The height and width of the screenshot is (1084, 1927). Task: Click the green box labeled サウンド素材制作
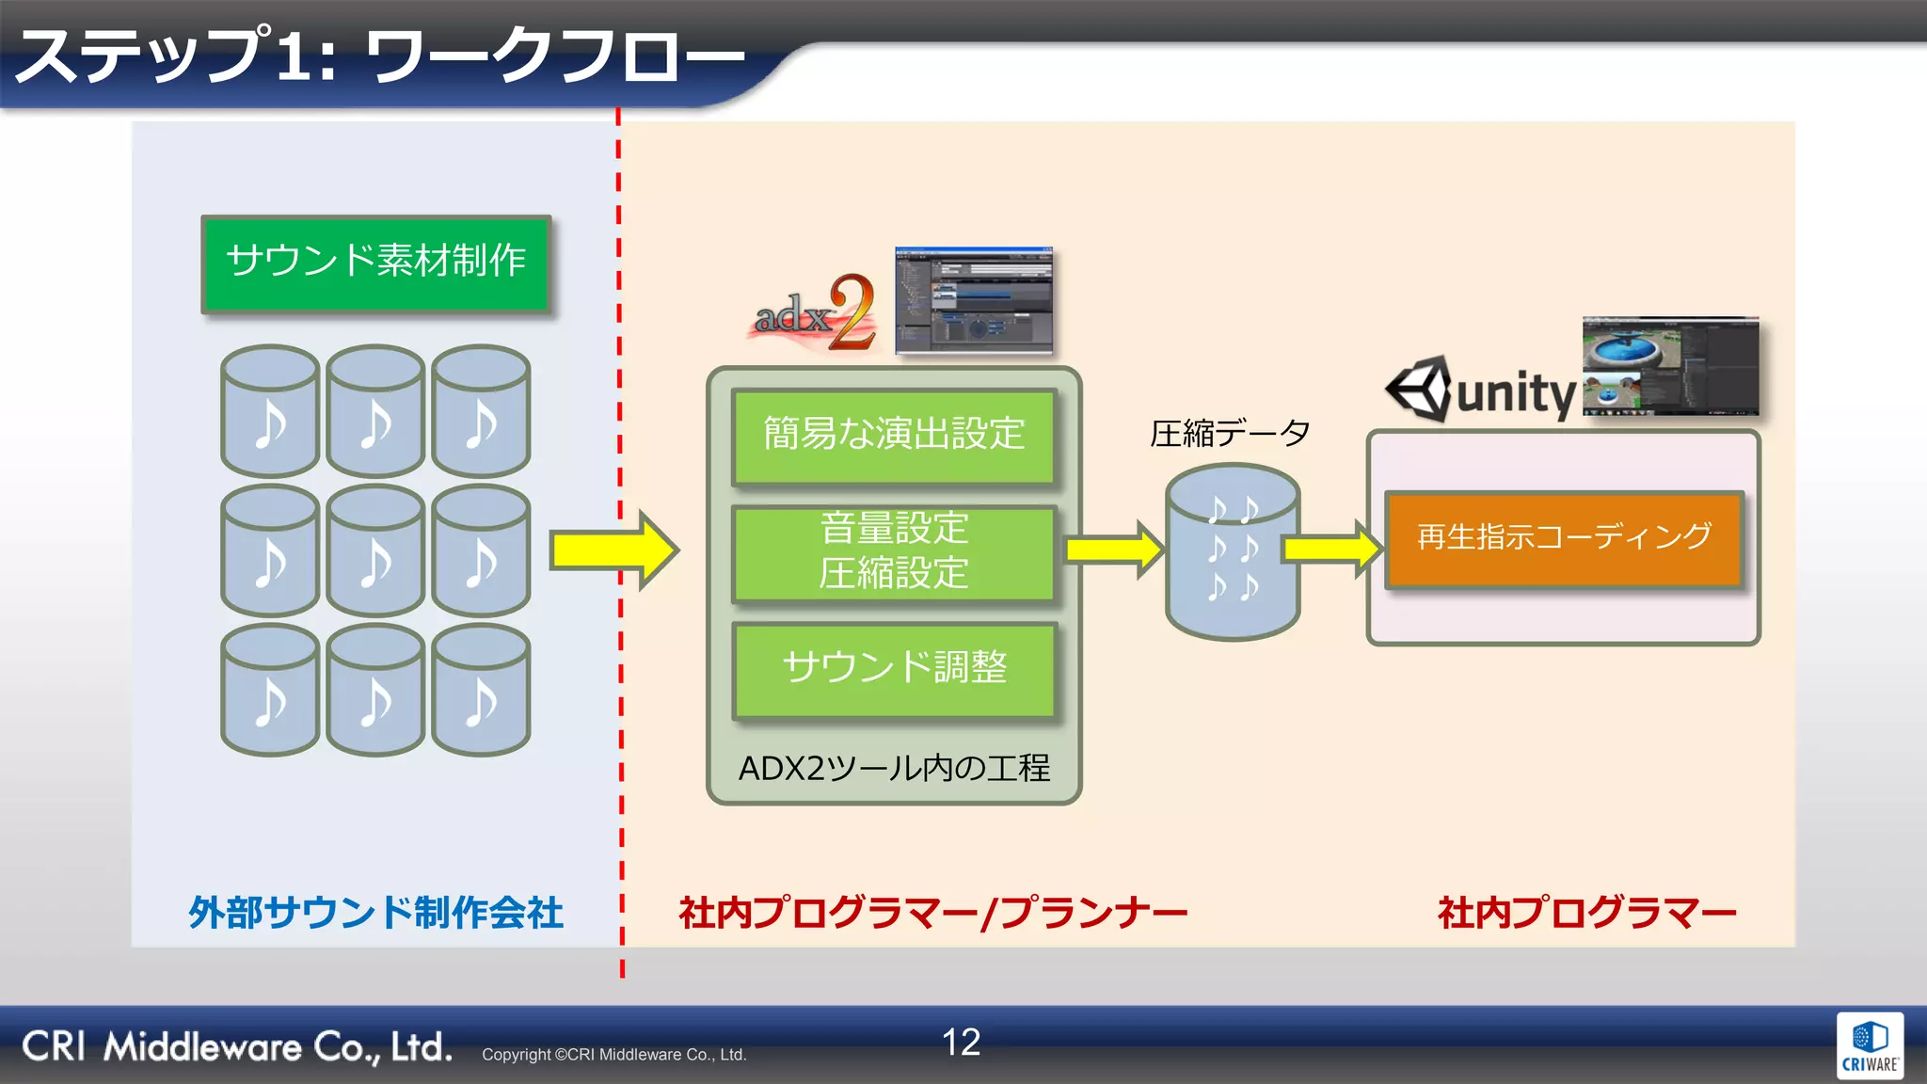coord(375,263)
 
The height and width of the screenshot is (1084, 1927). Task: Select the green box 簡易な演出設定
coord(894,436)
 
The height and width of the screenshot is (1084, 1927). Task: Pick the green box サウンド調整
coord(894,668)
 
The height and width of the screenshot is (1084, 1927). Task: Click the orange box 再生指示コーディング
coord(1564,538)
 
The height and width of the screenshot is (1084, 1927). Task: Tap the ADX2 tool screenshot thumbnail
coord(973,300)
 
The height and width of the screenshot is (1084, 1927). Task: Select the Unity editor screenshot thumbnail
coord(1669,366)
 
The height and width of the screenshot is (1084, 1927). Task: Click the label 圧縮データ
coord(1230,434)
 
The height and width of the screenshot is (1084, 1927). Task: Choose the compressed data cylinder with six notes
coord(1232,551)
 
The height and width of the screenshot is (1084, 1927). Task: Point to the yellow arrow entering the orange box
coord(1331,548)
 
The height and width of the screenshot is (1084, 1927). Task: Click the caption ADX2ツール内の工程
coord(894,768)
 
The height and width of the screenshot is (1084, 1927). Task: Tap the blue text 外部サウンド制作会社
coord(375,913)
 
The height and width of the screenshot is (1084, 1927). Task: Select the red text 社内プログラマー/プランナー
coord(932,913)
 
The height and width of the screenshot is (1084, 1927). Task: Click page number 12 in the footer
coord(961,1042)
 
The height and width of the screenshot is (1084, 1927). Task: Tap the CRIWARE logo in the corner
coord(1869,1045)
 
